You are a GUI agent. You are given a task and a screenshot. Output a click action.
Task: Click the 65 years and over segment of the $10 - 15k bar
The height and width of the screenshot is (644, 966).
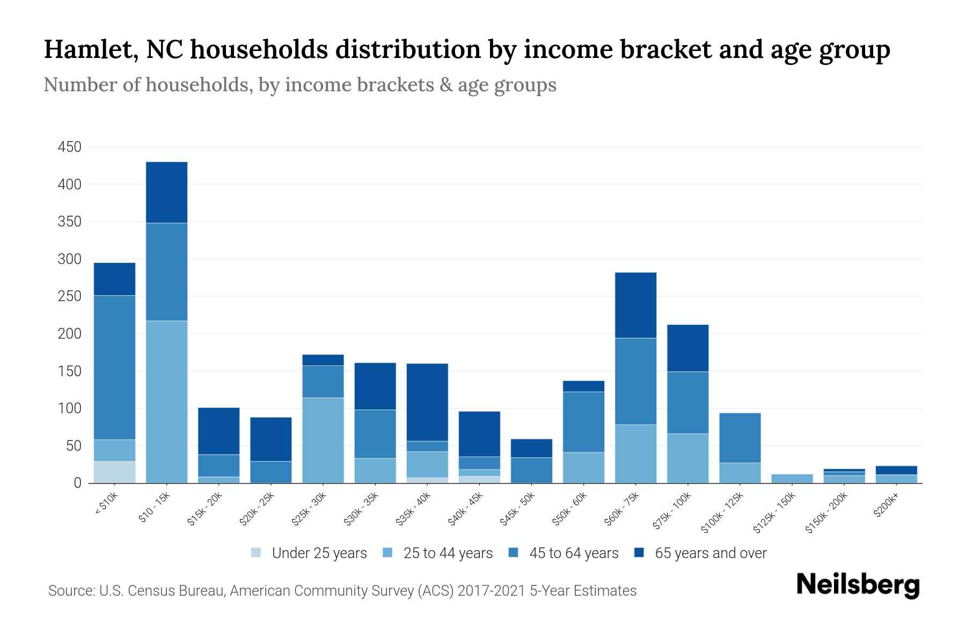166,192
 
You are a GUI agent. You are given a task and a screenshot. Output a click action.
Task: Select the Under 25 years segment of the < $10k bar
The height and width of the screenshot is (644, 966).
114,472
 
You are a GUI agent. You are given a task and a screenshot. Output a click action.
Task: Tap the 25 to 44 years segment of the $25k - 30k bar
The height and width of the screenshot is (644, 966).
323,440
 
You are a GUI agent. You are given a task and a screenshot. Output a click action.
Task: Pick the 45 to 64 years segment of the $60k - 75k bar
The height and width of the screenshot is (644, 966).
635,381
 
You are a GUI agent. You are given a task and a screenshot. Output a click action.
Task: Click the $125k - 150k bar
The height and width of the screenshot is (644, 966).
792,478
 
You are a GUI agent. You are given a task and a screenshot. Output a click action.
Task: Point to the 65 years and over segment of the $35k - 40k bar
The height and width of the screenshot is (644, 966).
427,402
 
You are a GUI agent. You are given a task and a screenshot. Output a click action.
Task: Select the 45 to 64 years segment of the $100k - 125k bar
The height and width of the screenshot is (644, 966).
740,437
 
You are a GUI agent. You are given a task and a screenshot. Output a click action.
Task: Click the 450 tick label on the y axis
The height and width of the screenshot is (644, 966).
69,147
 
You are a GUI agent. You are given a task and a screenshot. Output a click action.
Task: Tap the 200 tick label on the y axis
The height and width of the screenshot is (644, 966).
69,334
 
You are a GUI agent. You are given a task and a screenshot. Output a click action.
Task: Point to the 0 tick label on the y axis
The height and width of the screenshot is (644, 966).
77,483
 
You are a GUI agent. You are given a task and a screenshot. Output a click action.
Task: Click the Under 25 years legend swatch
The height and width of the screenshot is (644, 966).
257,553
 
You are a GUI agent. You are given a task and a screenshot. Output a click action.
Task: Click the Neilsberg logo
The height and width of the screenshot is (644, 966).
858,584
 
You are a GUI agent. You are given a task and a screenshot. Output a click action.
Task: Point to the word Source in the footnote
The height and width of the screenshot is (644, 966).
70,591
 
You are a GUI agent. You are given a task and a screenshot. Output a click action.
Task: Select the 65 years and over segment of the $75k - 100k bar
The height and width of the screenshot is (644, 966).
687,348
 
